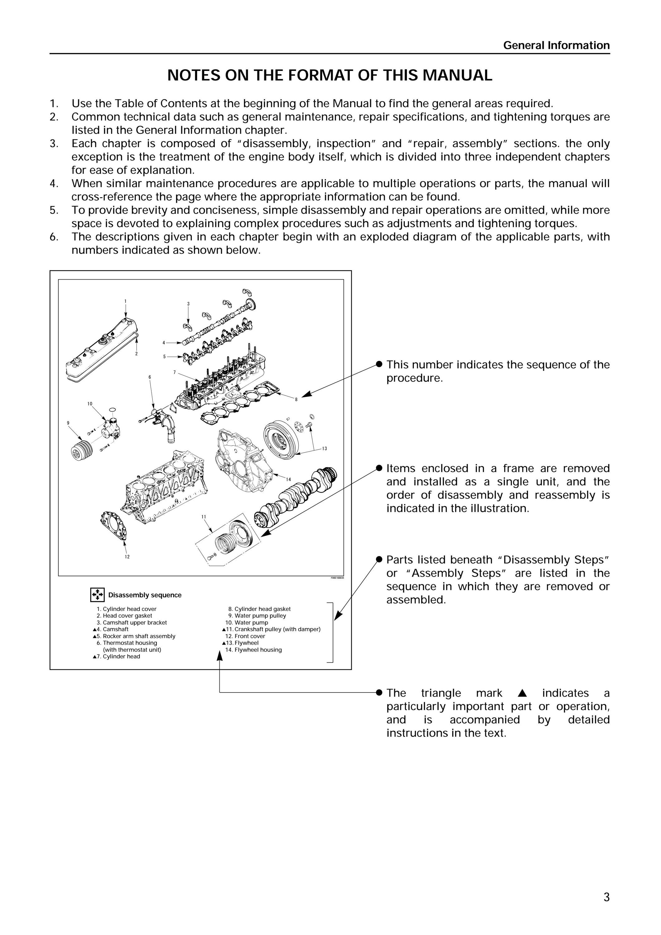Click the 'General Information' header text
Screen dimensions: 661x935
556,45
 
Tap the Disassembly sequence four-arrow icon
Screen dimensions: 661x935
97,595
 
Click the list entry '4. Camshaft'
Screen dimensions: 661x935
111,629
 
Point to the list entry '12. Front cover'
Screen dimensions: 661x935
245,636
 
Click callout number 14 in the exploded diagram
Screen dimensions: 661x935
288,479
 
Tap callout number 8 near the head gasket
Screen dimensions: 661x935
296,400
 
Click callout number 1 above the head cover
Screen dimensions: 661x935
125,301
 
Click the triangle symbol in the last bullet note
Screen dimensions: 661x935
523,693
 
